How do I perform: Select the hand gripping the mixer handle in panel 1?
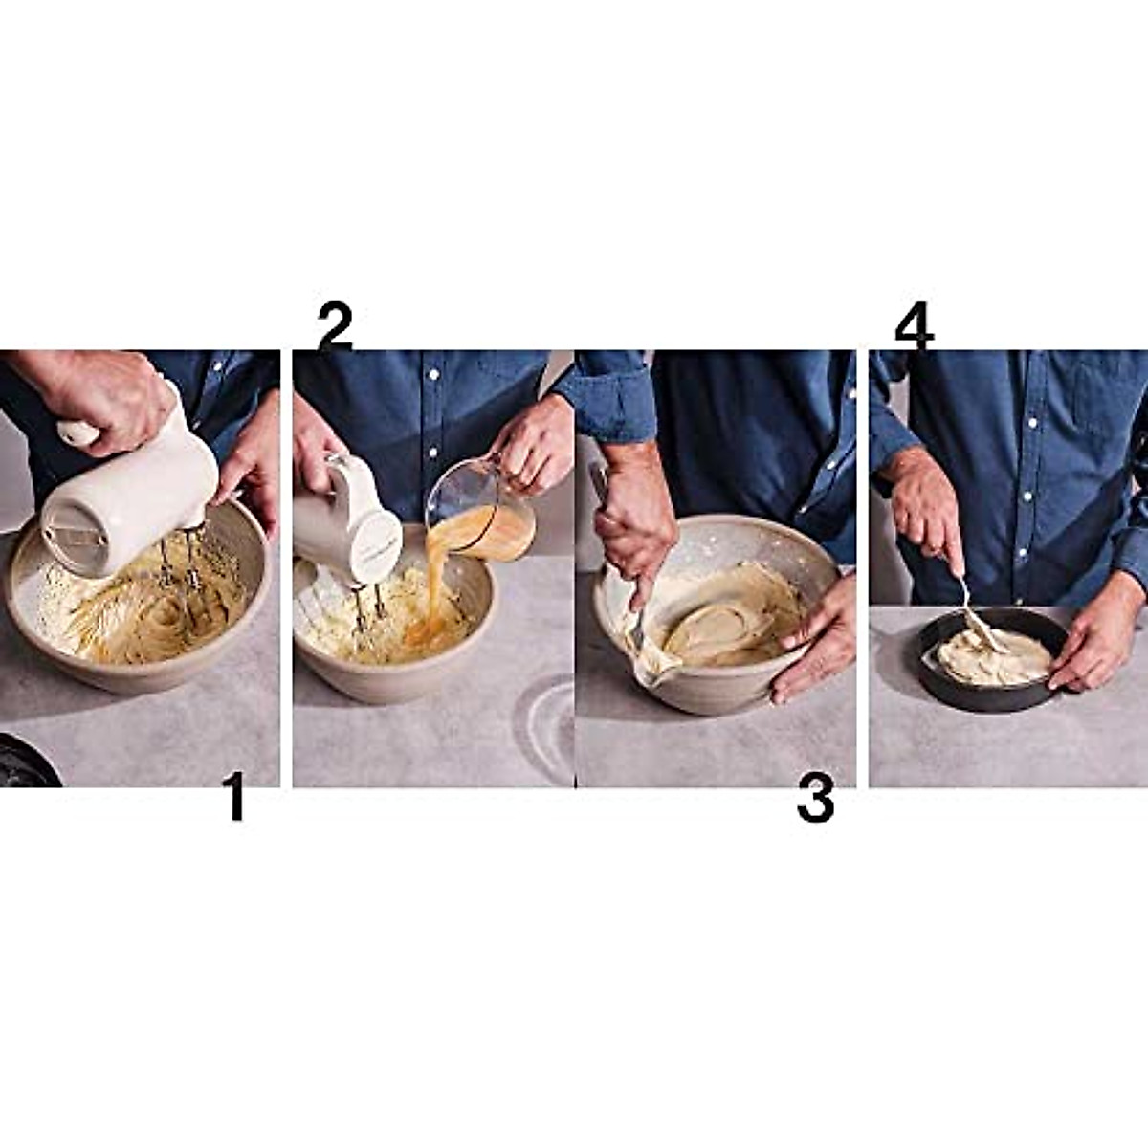(x=105, y=392)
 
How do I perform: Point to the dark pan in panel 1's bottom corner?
(x=24, y=761)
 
